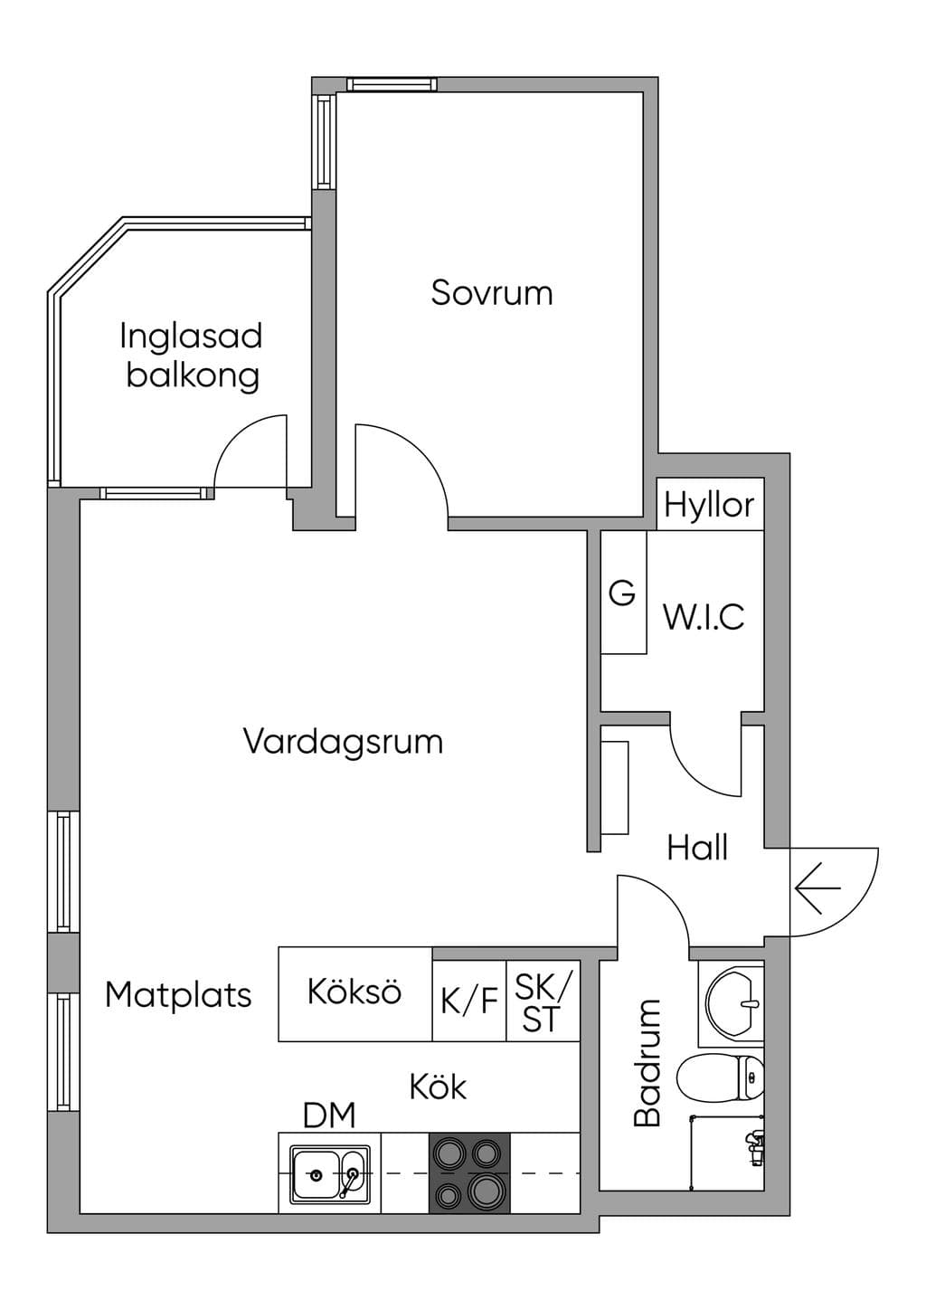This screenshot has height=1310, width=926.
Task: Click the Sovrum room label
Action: (x=492, y=293)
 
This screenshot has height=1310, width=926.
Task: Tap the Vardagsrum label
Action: (x=343, y=743)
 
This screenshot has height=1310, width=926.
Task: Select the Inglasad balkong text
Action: (x=192, y=356)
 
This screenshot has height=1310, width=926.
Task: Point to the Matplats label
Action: (x=178, y=995)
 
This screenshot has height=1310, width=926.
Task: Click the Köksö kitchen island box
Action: (x=354, y=994)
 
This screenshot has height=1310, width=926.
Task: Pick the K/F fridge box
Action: (x=468, y=1001)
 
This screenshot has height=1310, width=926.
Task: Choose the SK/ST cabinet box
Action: (x=543, y=1001)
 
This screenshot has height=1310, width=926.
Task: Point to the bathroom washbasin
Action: (x=733, y=1002)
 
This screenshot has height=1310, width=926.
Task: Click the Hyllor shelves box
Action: (x=710, y=504)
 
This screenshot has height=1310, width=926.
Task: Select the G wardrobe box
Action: (x=624, y=592)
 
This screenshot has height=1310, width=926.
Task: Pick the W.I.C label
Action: (x=704, y=616)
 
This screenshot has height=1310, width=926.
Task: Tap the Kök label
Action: (x=438, y=1087)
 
